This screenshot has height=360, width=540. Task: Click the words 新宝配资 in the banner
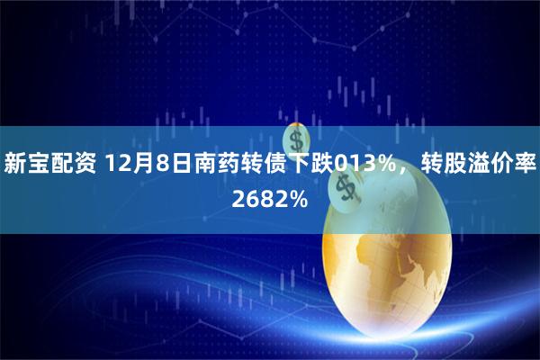(x=51, y=165)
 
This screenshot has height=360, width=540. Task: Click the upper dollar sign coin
(x=296, y=140)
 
